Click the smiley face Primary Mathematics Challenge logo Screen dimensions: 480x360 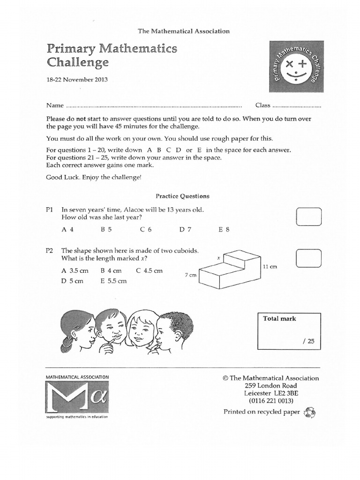(296, 66)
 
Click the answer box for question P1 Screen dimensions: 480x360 (309, 217)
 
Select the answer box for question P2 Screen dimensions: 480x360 (309, 258)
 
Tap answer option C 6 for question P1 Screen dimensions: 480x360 (146, 230)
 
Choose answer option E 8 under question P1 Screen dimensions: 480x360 (224, 230)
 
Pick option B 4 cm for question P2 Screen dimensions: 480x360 (111, 271)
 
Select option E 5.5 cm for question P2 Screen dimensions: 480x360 (113, 281)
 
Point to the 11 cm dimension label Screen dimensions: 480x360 (270, 267)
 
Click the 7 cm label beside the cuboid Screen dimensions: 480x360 (191, 275)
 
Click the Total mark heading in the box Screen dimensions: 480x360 (280, 319)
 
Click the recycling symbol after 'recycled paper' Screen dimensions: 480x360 (310, 412)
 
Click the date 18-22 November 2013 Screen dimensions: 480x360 (77, 80)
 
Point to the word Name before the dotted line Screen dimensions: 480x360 (53, 105)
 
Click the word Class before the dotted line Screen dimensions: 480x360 (262, 105)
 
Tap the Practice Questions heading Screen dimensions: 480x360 (182, 196)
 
